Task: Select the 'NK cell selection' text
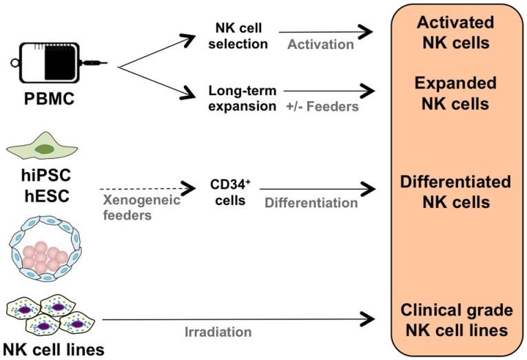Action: click(x=238, y=36)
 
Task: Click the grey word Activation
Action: click(x=320, y=45)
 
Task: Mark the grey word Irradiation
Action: click(x=218, y=332)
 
